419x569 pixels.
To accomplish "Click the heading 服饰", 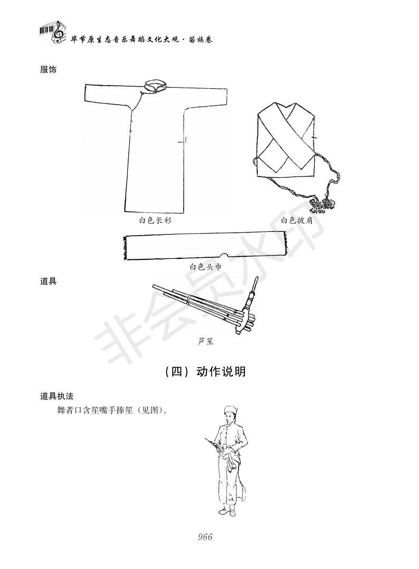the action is point(48,70).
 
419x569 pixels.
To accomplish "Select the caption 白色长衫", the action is point(155,220).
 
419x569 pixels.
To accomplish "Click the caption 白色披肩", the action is point(297,220).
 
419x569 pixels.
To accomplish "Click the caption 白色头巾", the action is point(205,267).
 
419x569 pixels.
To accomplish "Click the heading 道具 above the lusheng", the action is point(48,281).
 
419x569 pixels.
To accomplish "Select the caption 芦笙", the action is point(205,341).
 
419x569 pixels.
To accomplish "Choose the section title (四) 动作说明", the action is point(205,372).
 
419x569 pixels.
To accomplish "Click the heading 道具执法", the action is point(56,396).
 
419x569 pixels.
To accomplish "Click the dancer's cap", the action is point(229,410).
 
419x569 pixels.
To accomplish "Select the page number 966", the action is point(205,537).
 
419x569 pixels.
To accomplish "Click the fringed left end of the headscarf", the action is point(126,248).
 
